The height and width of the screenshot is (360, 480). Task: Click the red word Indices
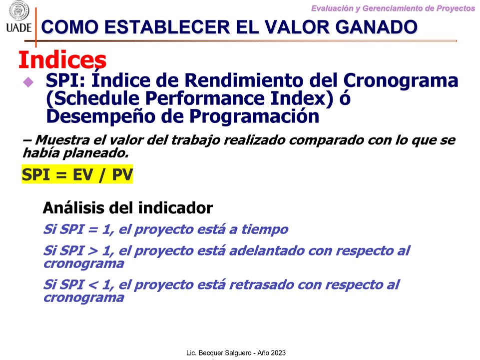(62, 59)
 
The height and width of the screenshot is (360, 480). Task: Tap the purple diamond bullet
(28, 82)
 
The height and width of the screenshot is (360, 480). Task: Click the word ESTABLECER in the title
(167, 27)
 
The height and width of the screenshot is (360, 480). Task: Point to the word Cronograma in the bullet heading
(401, 81)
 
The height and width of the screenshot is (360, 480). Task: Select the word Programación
(254, 116)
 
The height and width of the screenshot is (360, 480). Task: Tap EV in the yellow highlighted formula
(82, 174)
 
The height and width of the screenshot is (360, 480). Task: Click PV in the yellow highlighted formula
(122, 174)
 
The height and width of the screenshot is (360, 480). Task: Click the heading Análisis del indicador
(128, 207)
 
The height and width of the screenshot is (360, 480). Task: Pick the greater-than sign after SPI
(93, 251)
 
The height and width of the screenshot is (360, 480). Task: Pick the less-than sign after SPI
(93, 285)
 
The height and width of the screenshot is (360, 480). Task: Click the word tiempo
(265, 229)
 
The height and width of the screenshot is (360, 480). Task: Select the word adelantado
(266, 250)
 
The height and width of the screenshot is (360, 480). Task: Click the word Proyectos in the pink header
(456, 8)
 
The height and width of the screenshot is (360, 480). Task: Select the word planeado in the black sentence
(95, 153)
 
